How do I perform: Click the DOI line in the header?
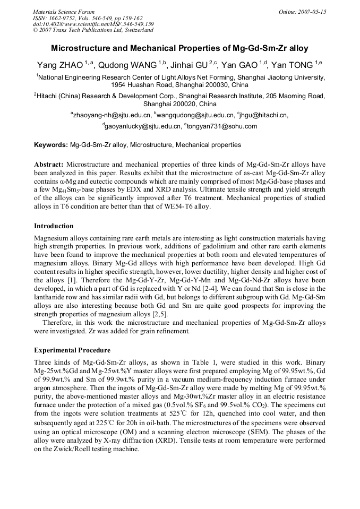[93, 24]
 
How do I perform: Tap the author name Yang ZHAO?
[59, 65]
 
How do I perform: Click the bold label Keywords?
[51, 144]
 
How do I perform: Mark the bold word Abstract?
[49, 165]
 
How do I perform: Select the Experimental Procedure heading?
[72, 350]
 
